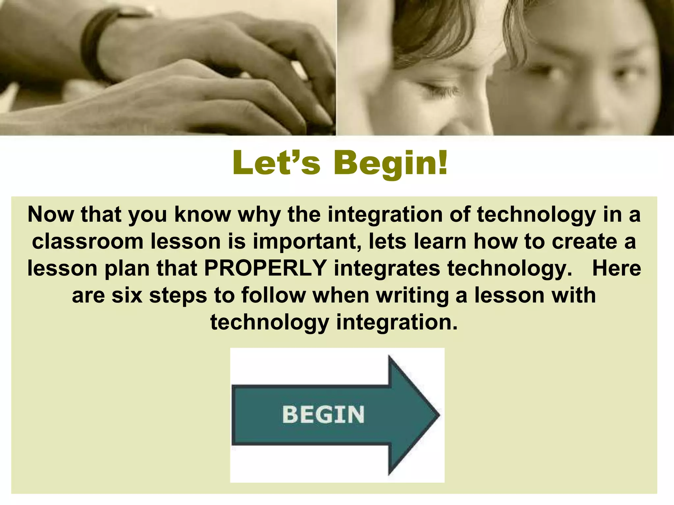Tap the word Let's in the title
click(x=276, y=162)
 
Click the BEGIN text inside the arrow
click(x=323, y=414)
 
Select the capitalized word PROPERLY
click(x=265, y=268)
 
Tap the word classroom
click(x=88, y=241)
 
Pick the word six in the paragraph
click(x=127, y=295)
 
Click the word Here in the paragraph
click(x=616, y=268)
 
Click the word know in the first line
click(x=202, y=214)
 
